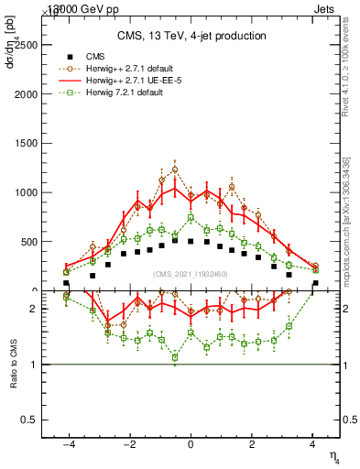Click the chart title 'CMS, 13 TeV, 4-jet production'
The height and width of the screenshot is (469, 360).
click(x=191, y=36)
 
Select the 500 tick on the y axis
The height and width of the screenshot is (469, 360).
click(x=47, y=242)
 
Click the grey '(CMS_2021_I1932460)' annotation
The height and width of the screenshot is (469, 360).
click(x=190, y=275)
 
